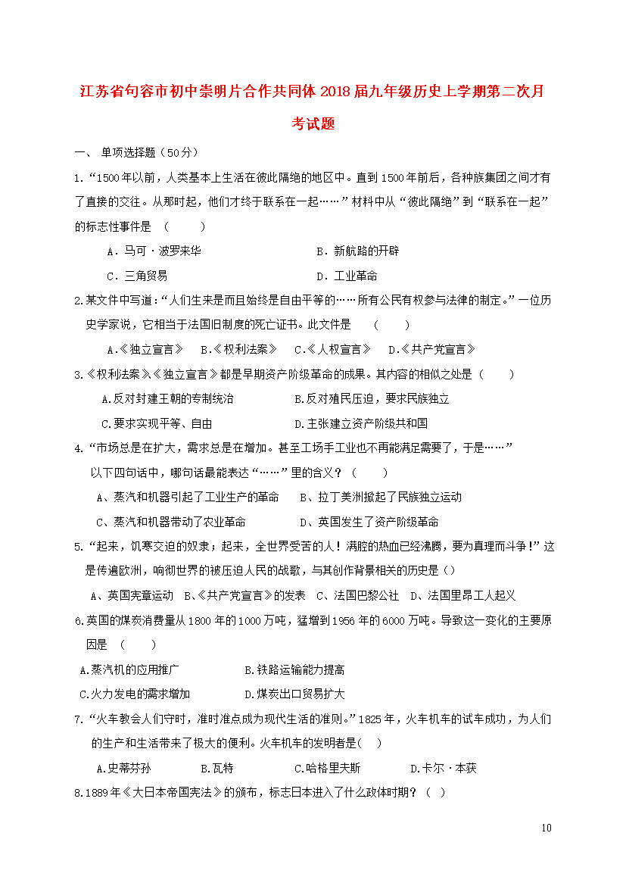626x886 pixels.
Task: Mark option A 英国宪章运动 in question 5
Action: [x=132, y=595]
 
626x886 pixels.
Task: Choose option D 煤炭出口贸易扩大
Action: [x=294, y=694]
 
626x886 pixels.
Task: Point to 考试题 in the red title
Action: [x=313, y=124]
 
